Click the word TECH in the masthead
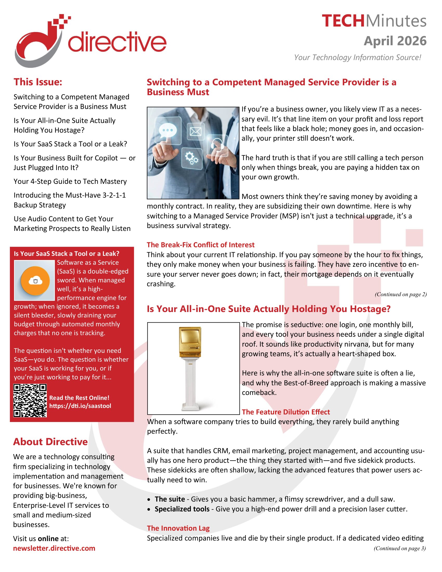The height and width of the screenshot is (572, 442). (343, 21)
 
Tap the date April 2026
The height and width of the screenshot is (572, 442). (395, 41)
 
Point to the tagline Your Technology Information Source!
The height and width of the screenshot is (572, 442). (357, 57)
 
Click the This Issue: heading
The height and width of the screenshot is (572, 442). (38, 82)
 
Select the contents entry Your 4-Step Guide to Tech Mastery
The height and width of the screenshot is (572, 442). (70, 181)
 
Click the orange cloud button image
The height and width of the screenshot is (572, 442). (35, 281)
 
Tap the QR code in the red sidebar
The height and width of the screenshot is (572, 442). (30, 400)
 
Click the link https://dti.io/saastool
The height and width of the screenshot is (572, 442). (80, 406)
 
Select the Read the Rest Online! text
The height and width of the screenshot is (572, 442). (79, 398)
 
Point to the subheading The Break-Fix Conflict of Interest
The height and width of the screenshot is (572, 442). (200, 245)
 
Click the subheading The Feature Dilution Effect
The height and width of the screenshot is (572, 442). (286, 412)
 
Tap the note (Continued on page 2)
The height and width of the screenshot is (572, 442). (401, 294)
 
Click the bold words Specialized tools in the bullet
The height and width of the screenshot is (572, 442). (182, 509)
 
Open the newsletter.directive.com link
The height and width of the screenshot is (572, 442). (54, 548)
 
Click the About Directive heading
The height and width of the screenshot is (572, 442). (50, 442)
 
